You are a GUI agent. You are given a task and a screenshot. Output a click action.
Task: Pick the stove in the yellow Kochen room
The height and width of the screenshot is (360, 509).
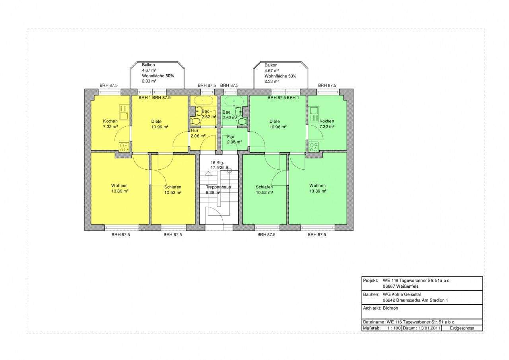[124, 147]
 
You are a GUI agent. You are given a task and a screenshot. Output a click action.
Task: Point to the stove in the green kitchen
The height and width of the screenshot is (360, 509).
[314, 147]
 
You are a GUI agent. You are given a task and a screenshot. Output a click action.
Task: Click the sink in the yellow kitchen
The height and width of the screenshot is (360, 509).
[124, 112]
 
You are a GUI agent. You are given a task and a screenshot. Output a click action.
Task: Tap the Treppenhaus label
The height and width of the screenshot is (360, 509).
[218, 187]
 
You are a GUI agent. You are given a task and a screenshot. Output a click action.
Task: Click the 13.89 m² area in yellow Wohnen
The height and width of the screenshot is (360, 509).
[120, 191]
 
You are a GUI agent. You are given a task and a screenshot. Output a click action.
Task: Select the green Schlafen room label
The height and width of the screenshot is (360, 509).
[264, 187]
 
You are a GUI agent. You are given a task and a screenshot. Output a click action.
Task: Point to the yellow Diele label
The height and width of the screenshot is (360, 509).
[156, 122]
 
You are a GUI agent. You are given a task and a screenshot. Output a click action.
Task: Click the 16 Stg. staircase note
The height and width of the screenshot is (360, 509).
[217, 163]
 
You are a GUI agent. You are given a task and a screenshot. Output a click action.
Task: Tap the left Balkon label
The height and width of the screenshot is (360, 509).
[148, 65]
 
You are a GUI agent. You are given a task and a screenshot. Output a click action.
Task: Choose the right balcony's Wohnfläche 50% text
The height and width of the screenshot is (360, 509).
[280, 76]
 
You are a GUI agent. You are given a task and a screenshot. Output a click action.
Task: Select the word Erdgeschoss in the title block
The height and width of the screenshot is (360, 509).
[462, 328]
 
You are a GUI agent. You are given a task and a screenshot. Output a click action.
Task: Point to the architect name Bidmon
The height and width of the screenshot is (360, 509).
[390, 308]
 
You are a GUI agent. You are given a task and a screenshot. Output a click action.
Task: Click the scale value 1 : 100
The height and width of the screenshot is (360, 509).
[394, 328]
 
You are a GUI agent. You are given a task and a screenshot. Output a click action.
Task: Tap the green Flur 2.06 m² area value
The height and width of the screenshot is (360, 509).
[234, 142]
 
